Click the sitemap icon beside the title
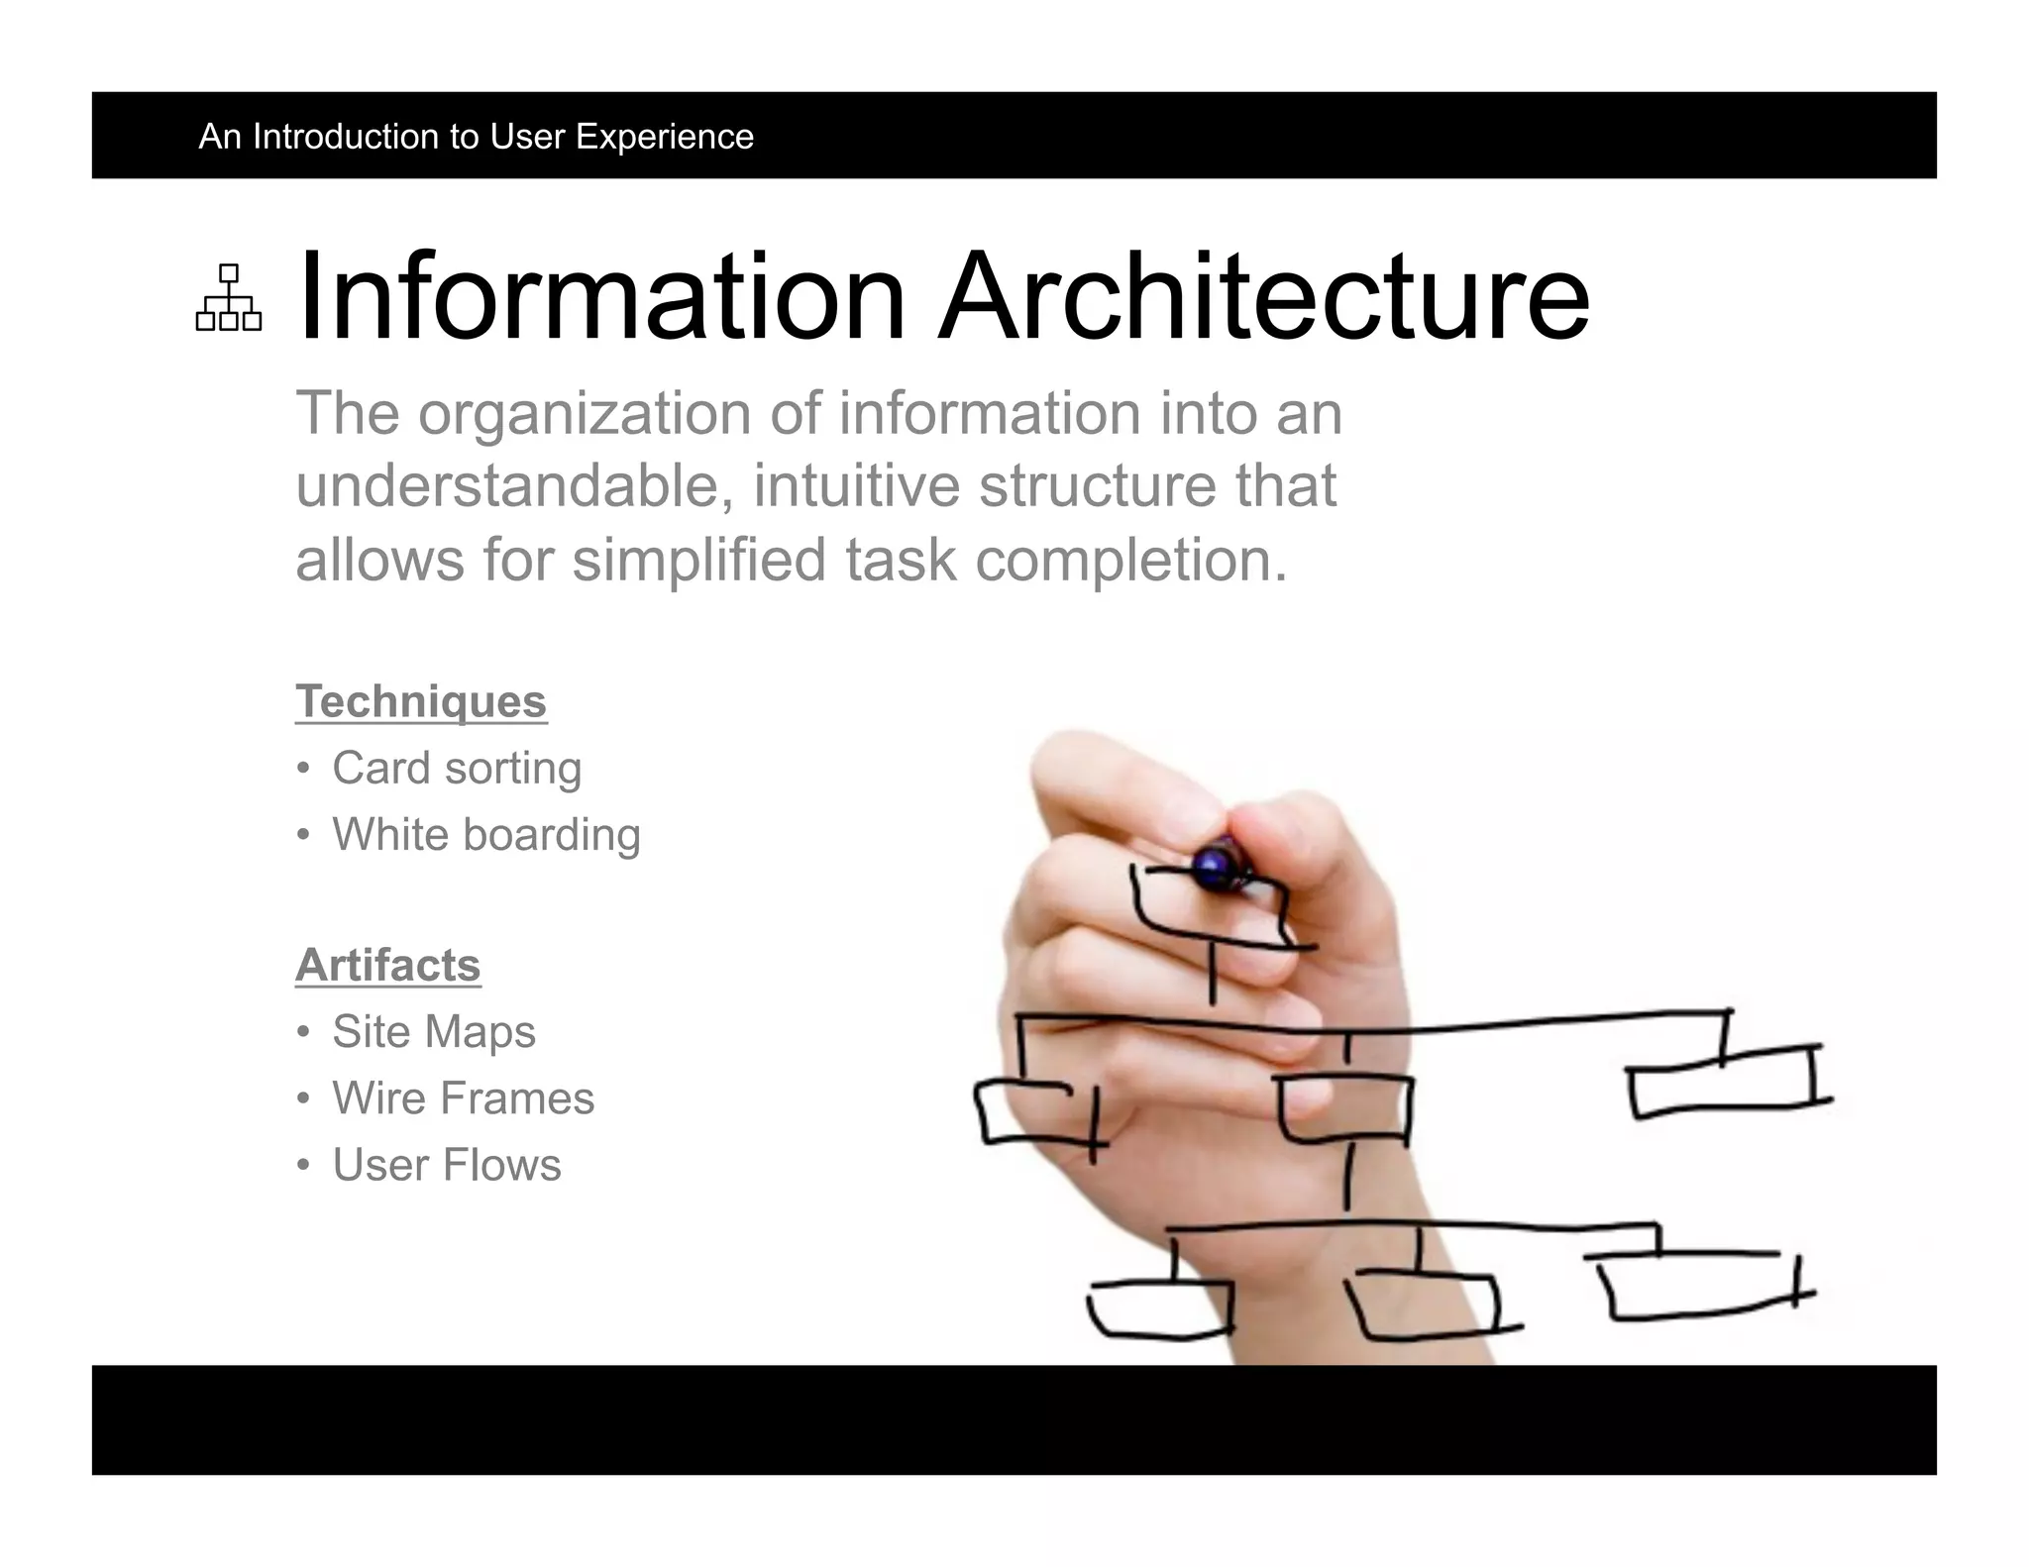coord(229,297)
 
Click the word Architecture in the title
coord(1263,297)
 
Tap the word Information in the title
coord(601,297)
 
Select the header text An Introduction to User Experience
coord(476,136)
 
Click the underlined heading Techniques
coord(421,701)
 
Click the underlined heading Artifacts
coord(387,965)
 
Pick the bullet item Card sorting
coord(456,768)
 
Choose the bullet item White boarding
coord(485,834)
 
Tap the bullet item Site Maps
coord(433,1031)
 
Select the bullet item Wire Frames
coord(463,1097)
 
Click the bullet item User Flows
coord(446,1165)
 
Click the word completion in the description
coord(1129,560)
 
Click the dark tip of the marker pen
coord(1215,865)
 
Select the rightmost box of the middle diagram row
coord(1724,1082)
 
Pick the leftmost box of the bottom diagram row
coord(1159,1309)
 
